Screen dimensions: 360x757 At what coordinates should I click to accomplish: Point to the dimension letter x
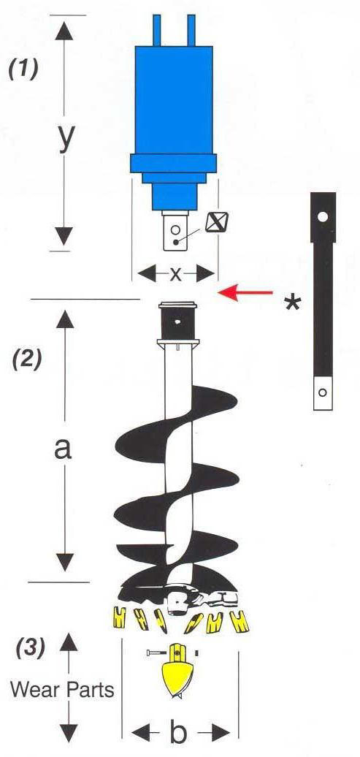176,274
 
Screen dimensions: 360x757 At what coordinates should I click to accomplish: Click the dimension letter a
63,449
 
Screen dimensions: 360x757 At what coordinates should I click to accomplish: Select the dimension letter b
178,734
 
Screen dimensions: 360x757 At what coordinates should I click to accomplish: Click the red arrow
245,292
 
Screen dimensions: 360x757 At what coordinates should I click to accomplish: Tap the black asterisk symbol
292,305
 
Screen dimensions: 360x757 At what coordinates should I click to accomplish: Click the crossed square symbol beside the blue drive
213,223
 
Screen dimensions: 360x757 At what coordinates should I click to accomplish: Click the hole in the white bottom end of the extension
323,392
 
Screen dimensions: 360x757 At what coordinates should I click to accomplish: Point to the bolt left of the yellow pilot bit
157,653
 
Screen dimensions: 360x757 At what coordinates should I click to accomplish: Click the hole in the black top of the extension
323,217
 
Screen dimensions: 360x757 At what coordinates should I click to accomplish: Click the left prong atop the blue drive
156,31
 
